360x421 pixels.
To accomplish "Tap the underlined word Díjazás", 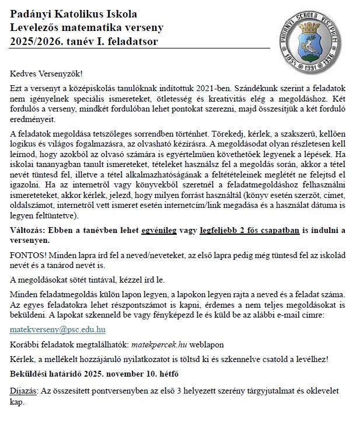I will coord(25,389).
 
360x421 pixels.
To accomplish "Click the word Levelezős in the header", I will coord(37,27).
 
